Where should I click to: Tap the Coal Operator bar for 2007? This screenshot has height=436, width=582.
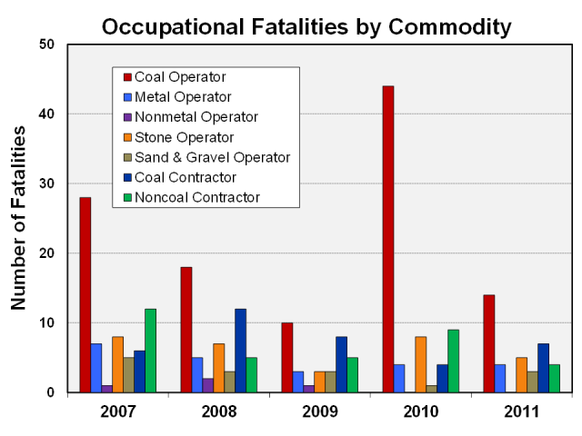(85, 294)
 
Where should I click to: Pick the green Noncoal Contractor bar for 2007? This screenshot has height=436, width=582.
(150, 351)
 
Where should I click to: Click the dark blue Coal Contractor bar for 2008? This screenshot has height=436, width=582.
(240, 351)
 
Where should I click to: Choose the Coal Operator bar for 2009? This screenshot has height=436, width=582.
(287, 357)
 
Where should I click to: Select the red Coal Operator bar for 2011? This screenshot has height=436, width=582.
(489, 343)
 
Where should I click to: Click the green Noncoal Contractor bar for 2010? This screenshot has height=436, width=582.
(453, 361)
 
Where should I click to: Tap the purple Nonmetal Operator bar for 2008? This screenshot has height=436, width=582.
(208, 385)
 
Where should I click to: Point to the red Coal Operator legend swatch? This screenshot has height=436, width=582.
(127, 77)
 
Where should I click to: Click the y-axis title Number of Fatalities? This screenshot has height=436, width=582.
(19, 218)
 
